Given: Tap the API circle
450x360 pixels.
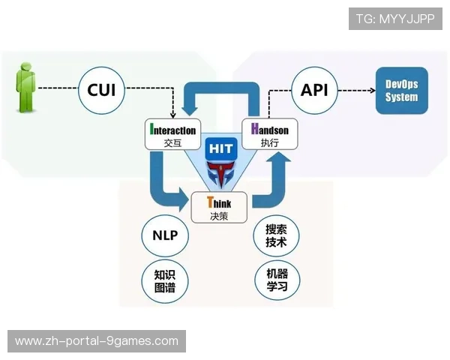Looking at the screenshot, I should [x=313, y=90].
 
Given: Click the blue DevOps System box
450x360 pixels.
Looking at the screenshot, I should [x=401, y=91].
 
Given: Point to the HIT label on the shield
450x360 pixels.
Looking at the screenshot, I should [x=220, y=149].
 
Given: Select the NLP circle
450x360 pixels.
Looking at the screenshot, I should [x=165, y=235].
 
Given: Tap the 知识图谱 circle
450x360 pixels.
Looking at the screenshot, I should [x=165, y=280].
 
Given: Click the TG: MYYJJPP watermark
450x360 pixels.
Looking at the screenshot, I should [x=395, y=19].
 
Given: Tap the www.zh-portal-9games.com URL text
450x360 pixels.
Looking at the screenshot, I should [x=96, y=341].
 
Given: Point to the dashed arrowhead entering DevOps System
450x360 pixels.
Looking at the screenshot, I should [x=372, y=91].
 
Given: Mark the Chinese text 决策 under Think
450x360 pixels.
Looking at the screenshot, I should [x=219, y=216].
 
